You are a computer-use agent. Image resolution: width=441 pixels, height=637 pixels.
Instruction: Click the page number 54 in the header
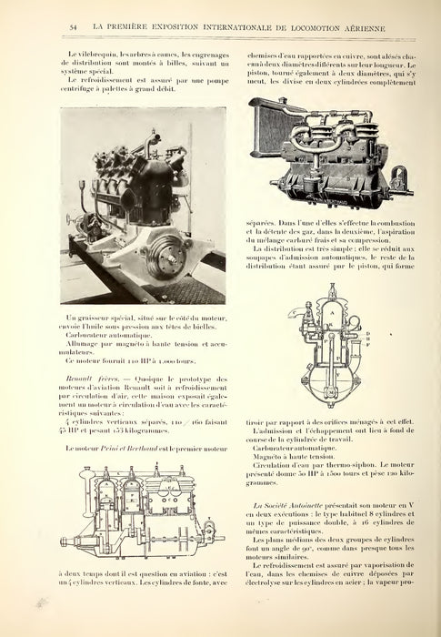[x=71, y=30]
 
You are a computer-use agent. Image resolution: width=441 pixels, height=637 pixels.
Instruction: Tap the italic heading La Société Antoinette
[x=287, y=503]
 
